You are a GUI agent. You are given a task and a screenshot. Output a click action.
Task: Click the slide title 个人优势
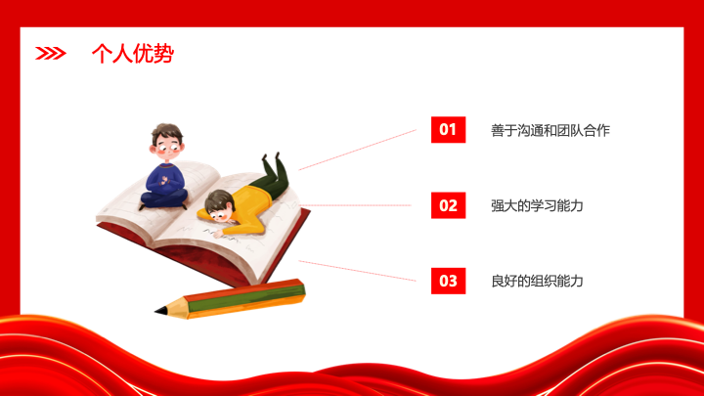(132, 54)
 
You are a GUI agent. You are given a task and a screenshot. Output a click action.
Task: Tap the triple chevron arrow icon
(50, 54)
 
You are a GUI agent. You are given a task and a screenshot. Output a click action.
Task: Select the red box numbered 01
(448, 130)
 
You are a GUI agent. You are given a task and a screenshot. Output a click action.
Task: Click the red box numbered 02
(448, 205)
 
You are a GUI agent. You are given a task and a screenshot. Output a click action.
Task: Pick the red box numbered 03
(448, 281)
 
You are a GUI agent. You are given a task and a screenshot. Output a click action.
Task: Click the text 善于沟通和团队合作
(550, 131)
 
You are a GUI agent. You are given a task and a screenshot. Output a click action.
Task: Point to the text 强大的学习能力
(537, 206)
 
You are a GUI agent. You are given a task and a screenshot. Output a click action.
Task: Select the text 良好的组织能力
(537, 282)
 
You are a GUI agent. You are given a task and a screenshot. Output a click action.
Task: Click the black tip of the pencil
(160, 310)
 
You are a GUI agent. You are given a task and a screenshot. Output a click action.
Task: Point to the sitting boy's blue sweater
(165, 178)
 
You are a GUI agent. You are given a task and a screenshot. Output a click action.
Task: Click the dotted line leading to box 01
(358, 150)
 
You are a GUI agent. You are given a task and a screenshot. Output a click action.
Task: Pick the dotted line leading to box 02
(355, 205)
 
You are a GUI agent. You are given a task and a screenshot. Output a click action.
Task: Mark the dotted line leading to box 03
(358, 271)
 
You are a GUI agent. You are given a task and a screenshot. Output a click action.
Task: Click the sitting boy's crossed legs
(163, 198)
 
